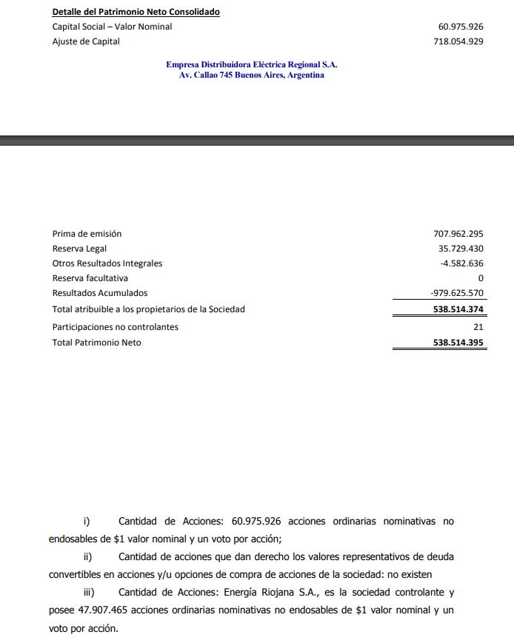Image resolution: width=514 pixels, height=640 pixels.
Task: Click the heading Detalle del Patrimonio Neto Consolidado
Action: coord(136,13)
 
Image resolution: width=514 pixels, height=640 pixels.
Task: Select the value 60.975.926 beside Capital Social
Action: coord(461,27)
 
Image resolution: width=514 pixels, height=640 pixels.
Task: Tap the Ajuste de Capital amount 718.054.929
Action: coord(458,41)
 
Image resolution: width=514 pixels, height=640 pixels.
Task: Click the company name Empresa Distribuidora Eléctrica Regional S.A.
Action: coord(251,64)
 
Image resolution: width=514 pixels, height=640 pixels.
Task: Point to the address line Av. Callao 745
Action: coord(251,75)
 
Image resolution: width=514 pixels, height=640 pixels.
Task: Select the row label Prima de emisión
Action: coord(87,234)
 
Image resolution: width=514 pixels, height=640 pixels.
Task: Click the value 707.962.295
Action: coord(458,234)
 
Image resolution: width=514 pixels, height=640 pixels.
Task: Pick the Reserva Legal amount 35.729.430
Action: coord(461,249)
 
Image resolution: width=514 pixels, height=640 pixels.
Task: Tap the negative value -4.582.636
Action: coord(461,263)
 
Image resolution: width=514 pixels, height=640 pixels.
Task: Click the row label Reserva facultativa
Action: coord(90,278)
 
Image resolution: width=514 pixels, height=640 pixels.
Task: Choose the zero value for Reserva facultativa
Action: coord(481,278)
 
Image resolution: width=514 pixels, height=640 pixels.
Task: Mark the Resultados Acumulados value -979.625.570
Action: coord(457,293)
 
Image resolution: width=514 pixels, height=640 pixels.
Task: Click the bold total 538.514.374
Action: coord(458,309)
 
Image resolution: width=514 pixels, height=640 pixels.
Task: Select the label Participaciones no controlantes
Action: coord(115,326)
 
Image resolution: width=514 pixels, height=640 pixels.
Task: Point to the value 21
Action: coord(478,326)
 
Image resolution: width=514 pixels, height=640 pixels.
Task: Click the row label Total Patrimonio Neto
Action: coord(96,343)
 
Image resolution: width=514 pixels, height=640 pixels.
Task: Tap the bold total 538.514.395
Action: coord(458,343)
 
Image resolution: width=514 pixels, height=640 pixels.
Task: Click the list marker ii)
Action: coord(88,556)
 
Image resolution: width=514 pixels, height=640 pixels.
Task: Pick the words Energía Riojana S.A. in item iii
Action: coord(270,593)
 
